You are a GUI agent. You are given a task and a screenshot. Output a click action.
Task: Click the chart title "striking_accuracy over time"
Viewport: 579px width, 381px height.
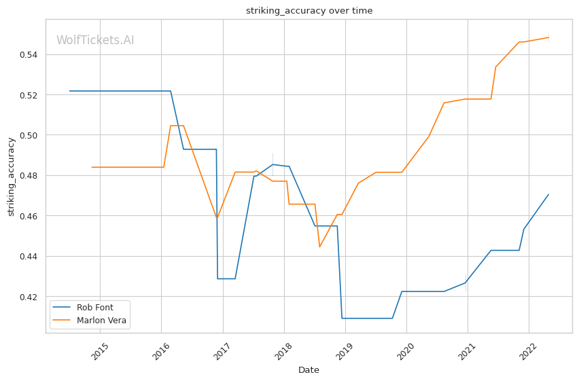[x=309, y=11]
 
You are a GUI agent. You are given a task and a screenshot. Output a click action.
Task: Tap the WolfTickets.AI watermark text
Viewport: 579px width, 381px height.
[x=95, y=40]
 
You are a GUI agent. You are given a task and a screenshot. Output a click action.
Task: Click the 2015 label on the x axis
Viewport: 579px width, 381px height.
[x=100, y=351]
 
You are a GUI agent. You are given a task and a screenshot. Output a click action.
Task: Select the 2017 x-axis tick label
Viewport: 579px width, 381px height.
[x=222, y=351]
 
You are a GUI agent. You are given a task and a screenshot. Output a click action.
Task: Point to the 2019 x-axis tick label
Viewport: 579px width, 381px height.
[x=345, y=351]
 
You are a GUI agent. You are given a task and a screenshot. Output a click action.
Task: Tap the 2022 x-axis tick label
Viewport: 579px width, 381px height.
[x=529, y=351]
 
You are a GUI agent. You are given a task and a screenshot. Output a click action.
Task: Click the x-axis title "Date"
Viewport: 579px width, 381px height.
[x=309, y=370]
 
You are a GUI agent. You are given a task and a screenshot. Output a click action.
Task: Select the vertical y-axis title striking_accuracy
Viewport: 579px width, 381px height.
[x=11, y=177]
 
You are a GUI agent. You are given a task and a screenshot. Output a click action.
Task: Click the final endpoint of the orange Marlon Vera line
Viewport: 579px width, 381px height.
[x=548, y=37]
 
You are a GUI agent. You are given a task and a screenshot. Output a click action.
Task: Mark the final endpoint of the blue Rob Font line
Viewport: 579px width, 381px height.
[x=548, y=194]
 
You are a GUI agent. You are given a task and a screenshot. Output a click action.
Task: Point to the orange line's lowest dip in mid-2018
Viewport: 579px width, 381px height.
[x=319, y=247]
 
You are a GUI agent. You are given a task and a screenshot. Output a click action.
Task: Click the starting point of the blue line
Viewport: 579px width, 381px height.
[x=69, y=91]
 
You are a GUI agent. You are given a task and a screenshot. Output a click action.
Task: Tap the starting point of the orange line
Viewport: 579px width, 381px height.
[x=92, y=167]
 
